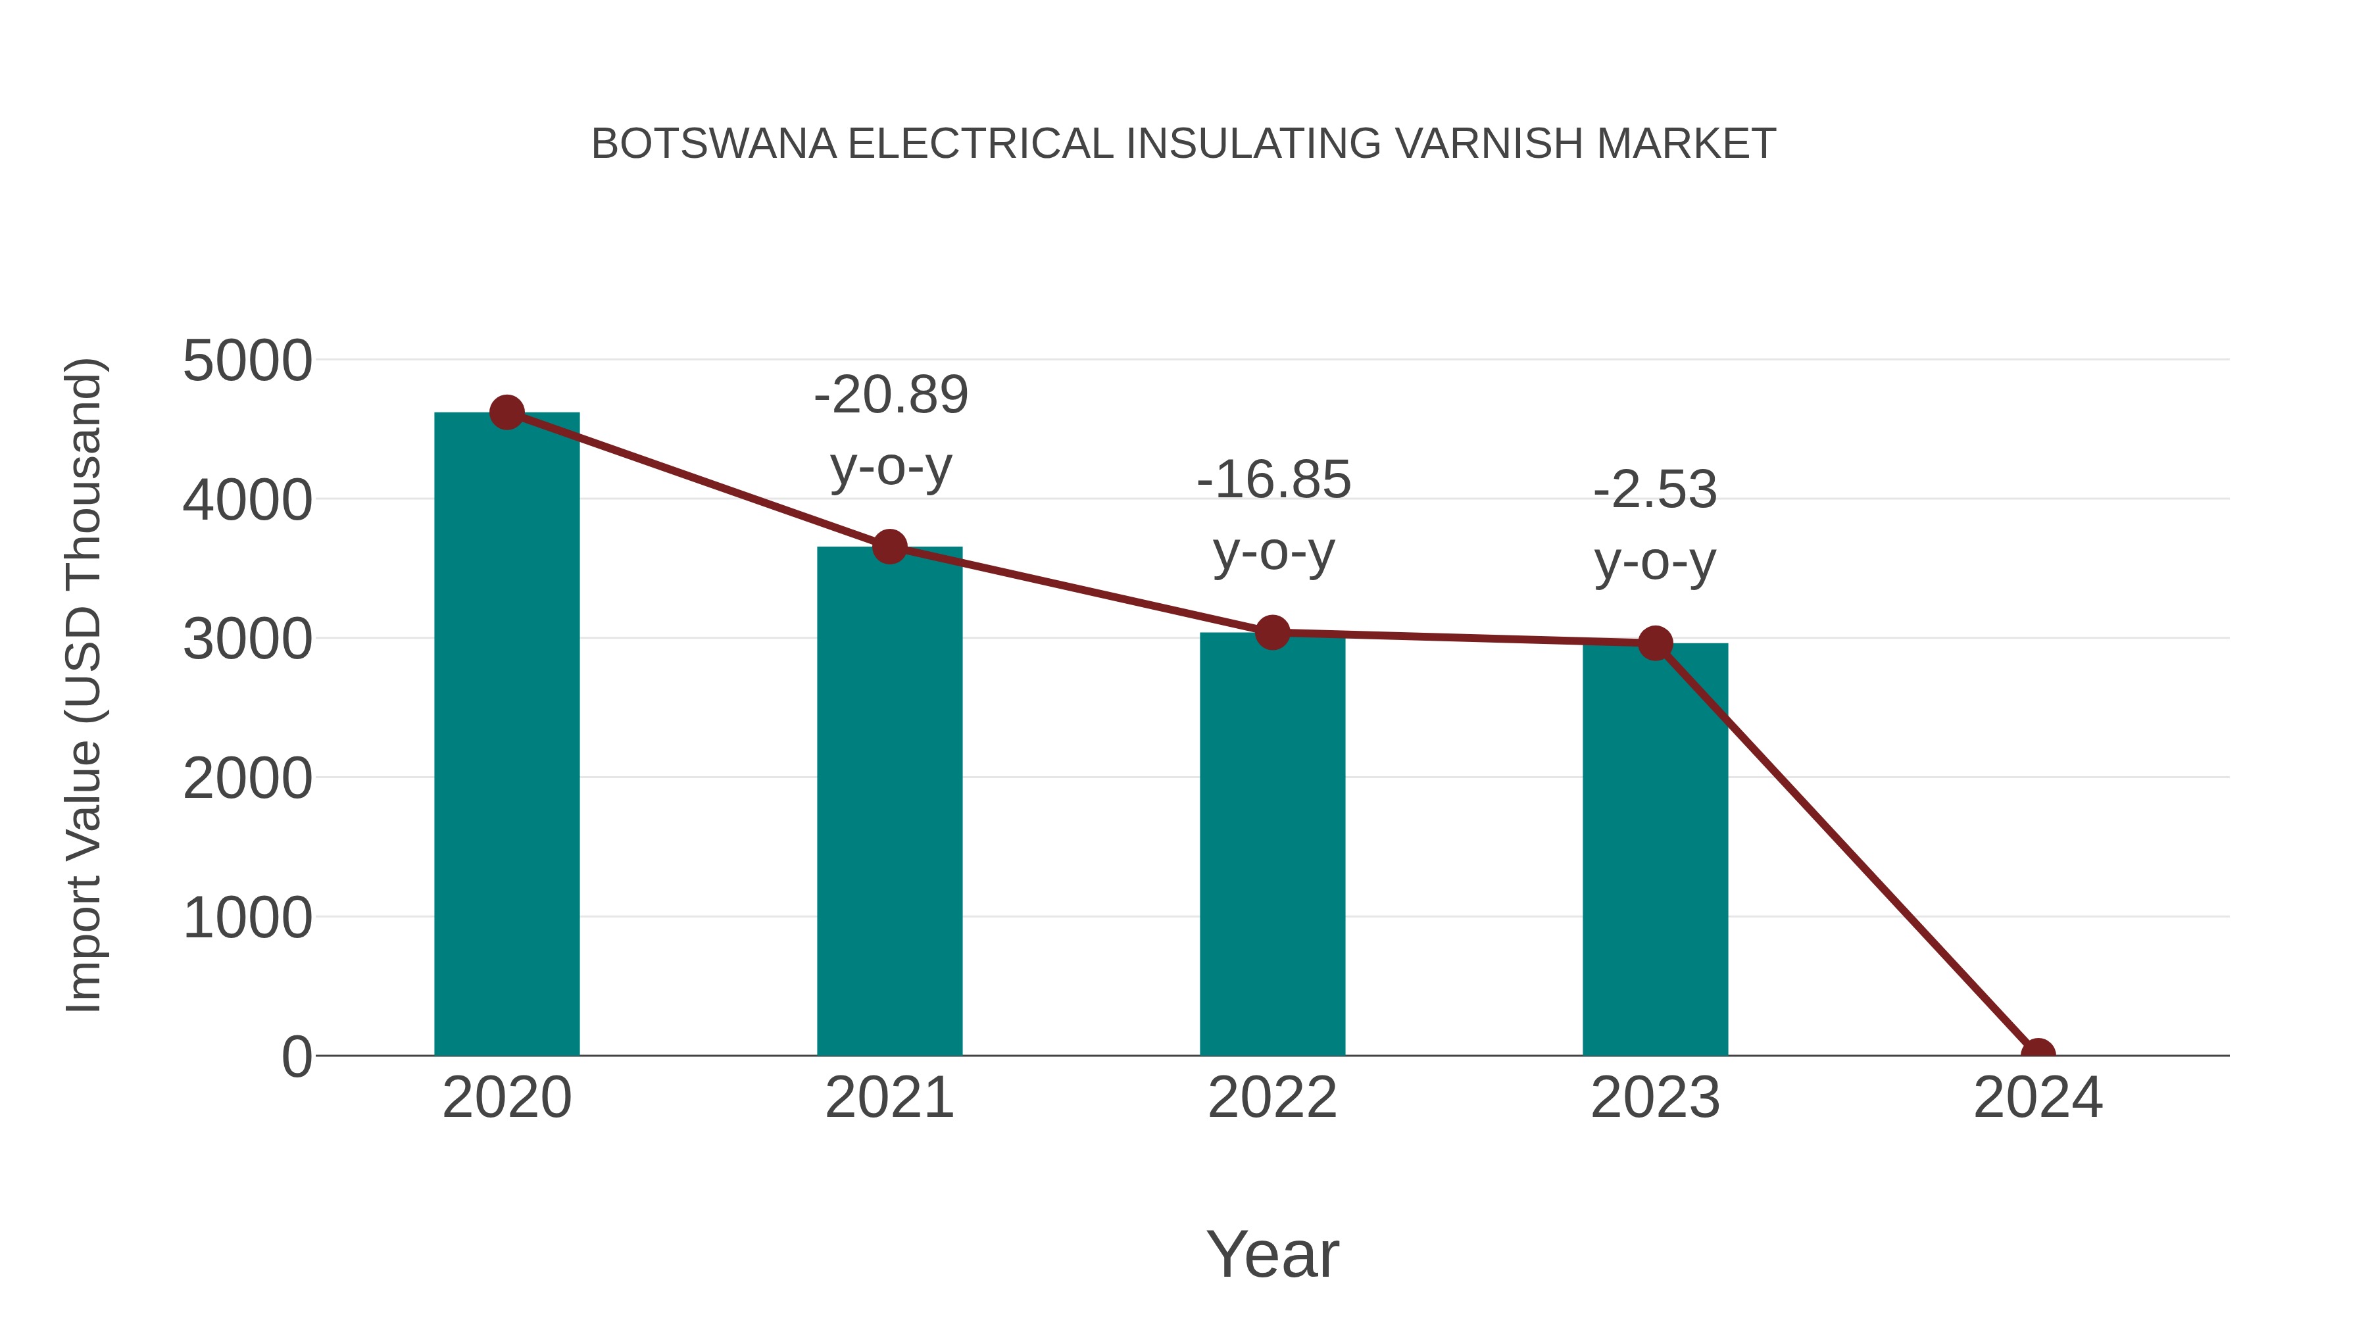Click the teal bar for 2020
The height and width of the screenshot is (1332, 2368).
[506, 735]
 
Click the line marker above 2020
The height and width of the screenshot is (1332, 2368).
[506, 412]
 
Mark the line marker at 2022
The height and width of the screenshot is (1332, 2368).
[1272, 632]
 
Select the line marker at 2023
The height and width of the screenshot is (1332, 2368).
[1655, 643]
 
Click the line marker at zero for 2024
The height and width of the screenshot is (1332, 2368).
[2037, 1054]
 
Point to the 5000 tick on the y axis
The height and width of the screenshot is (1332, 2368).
[247, 361]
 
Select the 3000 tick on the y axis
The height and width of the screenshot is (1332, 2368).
[247, 640]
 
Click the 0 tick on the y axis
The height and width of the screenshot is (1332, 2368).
[296, 1057]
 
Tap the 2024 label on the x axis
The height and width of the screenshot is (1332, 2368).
[2037, 1098]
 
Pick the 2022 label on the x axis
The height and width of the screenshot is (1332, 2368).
[1272, 1098]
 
